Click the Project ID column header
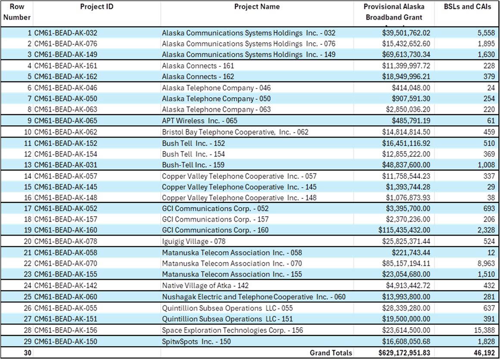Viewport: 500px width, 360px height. pyautogui.click(x=96, y=7)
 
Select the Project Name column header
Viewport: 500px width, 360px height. pyautogui.click(x=257, y=7)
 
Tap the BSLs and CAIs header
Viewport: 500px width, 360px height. pyautogui.click(x=467, y=7)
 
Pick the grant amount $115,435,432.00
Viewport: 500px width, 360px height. pyautogui.click(x=404, y=230)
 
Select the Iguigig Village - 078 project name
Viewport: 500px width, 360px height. pyautogui.click(x=194, y=242)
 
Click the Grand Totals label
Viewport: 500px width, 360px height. pyautogui.click(x=331, y=353)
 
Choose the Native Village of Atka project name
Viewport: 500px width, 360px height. pyautogui.click(x=205, y=286)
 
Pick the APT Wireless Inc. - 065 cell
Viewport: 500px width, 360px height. pyautogui.click(x=200, y=121)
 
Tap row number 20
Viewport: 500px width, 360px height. pyautogui.click(x=28, y=242)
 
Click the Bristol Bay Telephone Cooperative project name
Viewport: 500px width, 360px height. pyautogui.click(x=235, y=132)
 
